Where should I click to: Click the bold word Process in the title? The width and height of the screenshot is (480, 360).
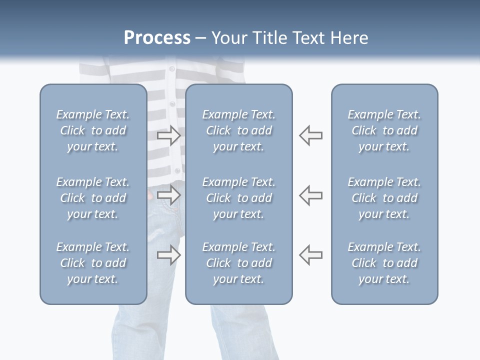(157, 38)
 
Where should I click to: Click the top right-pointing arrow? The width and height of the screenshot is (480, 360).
(169, 135)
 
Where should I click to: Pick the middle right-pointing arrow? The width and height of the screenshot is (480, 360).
(169, 195)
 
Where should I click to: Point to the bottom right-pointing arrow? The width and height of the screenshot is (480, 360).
(169, 255)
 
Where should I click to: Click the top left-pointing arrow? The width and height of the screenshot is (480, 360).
(311, 135)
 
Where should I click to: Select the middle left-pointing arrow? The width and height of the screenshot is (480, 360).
(311, 195)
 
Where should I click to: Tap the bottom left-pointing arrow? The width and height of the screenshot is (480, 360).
(311, 255)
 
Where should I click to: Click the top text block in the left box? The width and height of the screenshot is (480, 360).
(93, 130)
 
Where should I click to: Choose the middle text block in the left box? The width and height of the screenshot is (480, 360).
(93, 198)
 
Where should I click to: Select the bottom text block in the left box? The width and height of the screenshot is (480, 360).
(93, 263)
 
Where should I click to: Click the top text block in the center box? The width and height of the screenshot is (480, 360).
(238, 130)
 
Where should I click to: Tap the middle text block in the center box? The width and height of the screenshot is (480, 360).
(238, 198)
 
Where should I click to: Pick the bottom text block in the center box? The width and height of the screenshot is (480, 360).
(238, 263)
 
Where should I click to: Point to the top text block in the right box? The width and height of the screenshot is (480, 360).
(384, 130)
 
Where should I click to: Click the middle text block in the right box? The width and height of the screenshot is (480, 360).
(384, 198)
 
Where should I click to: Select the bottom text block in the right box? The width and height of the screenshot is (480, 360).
(384, 263)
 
